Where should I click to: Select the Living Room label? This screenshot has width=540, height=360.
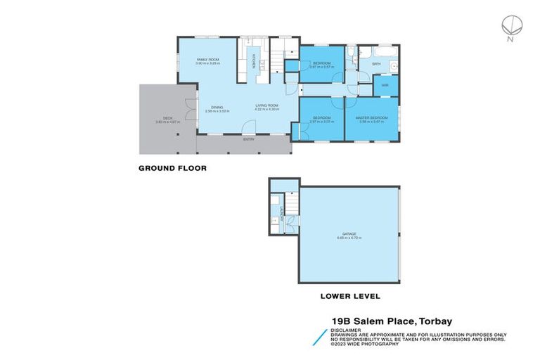point(267,107)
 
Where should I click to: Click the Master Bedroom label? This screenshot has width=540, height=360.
point(374,117)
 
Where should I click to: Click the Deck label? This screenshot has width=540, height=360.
point(168,119)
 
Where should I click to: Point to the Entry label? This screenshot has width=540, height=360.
point(249,139)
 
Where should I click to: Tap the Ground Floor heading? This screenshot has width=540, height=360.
point(172,168)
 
